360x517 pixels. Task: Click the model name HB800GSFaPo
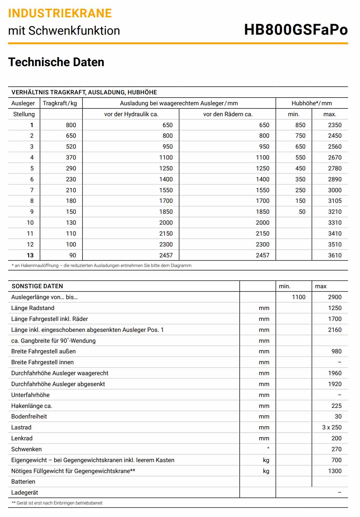pos(296,30)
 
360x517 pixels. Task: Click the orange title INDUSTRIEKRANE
pos(60,13)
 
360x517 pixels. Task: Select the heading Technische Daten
pos(56,62)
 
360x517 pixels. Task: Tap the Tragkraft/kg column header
pos(60,103)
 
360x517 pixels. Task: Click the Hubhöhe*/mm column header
pos(312,103)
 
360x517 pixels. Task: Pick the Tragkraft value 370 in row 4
pos(71,158)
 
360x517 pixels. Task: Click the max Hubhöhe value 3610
pos(334,255)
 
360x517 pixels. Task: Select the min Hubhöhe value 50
pos(302,212)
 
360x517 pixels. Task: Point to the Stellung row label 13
pos(30,255)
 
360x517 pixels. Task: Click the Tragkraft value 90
pos(73,255)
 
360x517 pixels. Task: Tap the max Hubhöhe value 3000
pos(334,190)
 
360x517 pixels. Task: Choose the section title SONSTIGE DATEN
pos(37,286)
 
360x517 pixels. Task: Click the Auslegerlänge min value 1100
pos(298,297)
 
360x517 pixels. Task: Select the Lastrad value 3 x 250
pos(332,427)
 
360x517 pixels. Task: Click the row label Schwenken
pos(26,449)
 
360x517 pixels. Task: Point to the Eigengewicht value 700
pos(336,460)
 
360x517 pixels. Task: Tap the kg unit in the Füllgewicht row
pos(266,471)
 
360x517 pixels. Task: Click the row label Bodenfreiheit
pos(29,417)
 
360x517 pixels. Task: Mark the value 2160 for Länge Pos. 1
pos(334,330)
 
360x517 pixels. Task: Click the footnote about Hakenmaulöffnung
pos(101,266)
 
